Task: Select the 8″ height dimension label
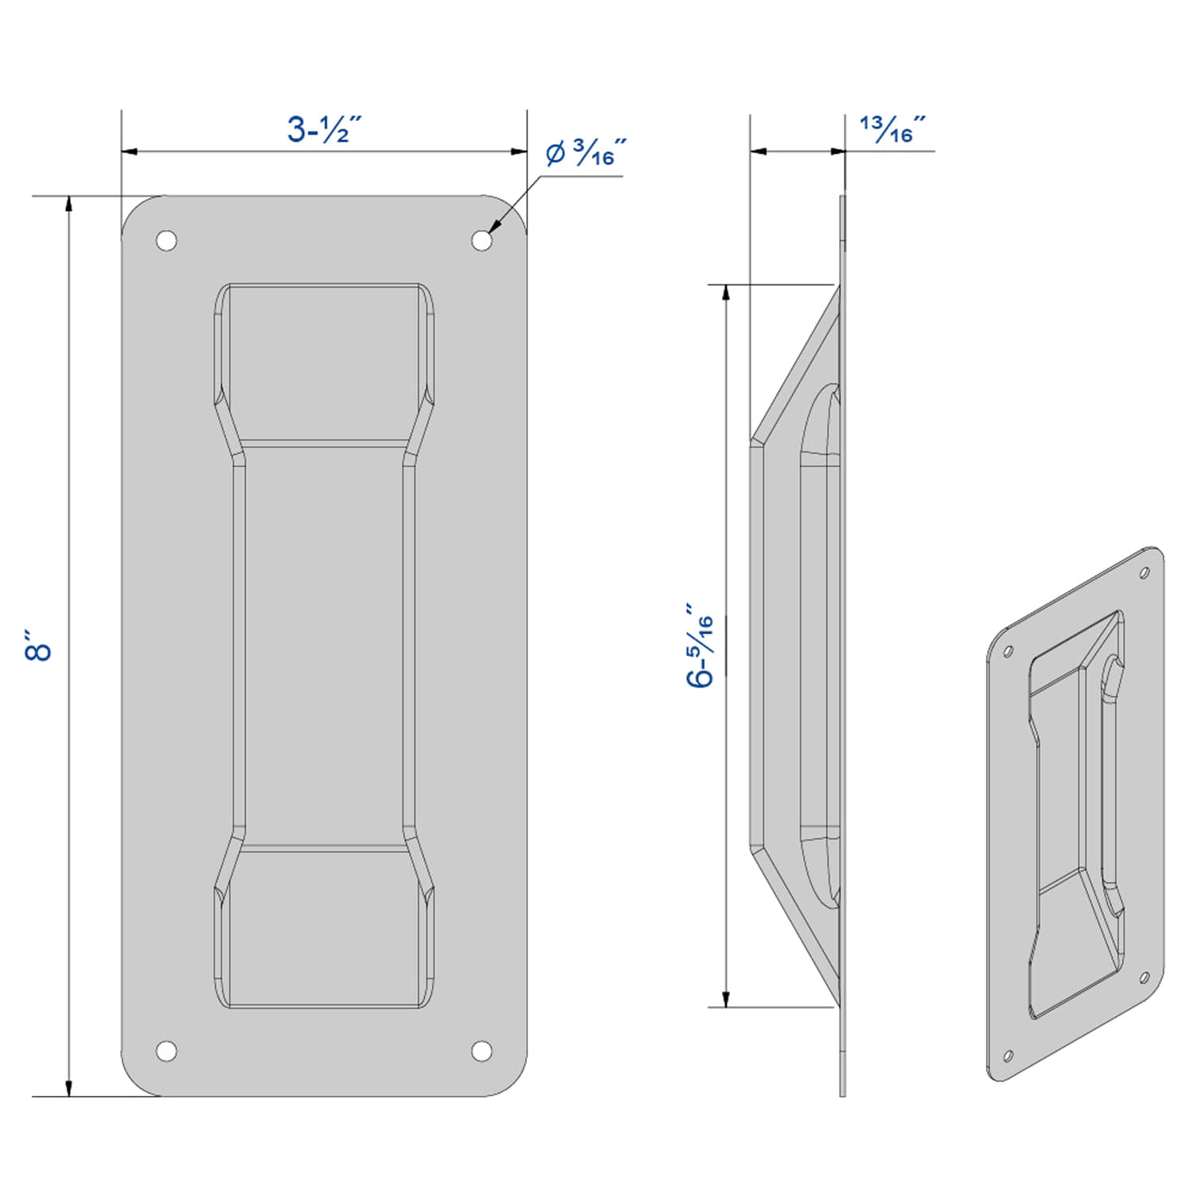pos(37,646)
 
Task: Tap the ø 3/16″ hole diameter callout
pos(585,153)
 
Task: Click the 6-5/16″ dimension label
pos(700,646)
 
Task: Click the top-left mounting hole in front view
pos(166,240)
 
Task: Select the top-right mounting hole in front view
pos(482,240)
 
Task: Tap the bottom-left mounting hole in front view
pos(166,1051)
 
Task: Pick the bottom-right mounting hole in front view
pos(482,1051)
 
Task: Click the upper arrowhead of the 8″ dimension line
pos(69,204)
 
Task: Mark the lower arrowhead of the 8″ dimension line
pos(69,1087)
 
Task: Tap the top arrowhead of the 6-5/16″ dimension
pos(726,293)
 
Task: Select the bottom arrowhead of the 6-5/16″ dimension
pos(726,998)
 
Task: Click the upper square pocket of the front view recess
pos(324,362)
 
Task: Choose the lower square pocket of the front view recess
pos(324,927)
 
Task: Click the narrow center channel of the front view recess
pos(324,646)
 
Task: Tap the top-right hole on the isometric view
pos(1145,572)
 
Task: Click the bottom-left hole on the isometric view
pos(1007,1056)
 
